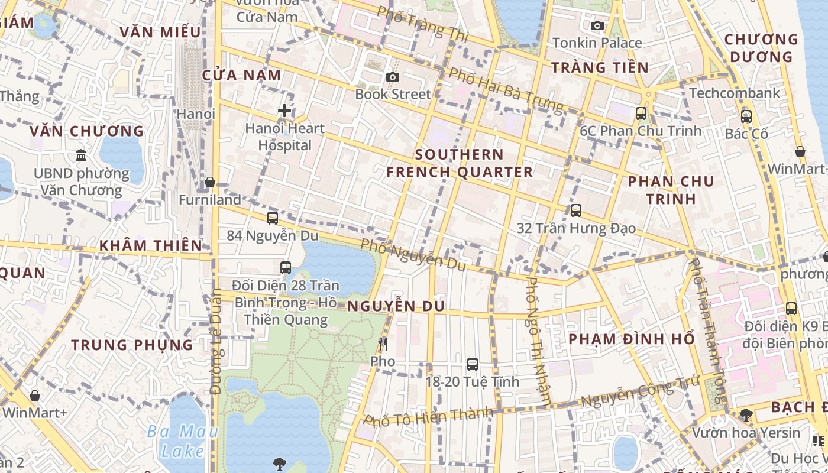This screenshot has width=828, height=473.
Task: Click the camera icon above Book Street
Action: coord(392,77)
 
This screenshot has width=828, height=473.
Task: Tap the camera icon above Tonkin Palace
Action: coord(597,25)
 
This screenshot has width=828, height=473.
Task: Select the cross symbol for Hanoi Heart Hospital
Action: coord(284,111)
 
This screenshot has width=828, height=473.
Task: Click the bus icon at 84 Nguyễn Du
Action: coord(273,218)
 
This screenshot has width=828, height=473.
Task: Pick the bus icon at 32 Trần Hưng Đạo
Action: coord(575,210)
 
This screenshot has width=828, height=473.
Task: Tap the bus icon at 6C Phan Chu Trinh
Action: coord(641,113)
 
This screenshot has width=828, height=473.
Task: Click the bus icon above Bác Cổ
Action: coord(746,116)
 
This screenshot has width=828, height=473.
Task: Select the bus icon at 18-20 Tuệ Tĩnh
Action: coord(472,364)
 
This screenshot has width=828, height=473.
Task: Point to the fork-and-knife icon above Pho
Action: coord(383,344)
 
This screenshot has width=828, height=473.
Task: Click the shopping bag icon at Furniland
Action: coord(210,182)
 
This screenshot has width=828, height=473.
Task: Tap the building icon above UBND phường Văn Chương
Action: coord(81,155)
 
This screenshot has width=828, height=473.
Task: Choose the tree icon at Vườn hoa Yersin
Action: coord(746,414)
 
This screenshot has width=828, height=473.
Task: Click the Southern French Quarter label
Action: coord(460,163)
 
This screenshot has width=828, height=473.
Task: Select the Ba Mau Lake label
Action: coord(182,441)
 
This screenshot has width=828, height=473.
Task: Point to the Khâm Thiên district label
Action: coord(150,245)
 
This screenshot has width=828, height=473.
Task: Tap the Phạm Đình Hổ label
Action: coord(631,339)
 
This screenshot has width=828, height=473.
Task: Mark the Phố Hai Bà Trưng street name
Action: coord(505,90)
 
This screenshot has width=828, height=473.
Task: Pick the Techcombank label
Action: coord(735,93)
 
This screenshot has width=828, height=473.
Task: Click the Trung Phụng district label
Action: coord(132,345)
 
